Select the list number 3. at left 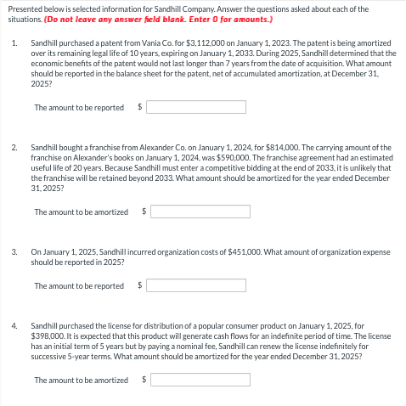click(14, 252)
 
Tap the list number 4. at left click(14, 325)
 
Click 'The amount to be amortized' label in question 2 click(82, 211)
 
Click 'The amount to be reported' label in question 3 click(79, 285)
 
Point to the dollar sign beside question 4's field click(144, 380)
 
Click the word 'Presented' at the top click(22, 8)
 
